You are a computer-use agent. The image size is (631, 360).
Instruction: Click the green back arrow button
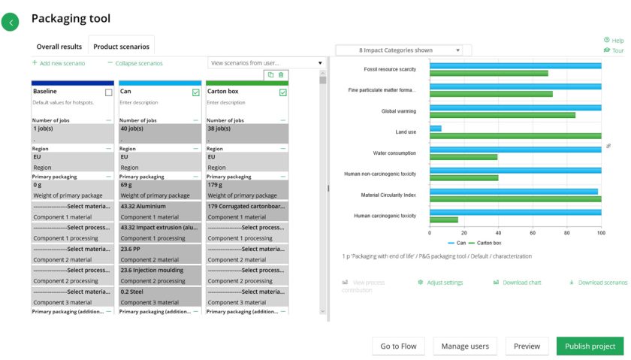point(11,23)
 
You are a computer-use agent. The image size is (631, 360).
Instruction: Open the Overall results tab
point(59,47)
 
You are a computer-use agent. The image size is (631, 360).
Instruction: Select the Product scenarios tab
point(121,47)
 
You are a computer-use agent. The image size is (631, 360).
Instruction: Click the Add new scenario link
point(59,63)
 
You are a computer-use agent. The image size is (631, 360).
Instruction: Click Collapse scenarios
point(135,63)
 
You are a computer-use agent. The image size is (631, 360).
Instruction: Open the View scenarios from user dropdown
point(266,63)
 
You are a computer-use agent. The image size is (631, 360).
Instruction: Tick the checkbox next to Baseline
point(109,92)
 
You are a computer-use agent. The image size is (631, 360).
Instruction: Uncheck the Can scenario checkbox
point(196,92)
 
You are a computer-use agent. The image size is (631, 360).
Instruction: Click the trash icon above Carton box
point(281,74)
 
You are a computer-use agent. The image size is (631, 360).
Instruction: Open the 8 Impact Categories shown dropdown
point(399,50)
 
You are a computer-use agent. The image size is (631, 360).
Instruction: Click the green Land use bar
point(515,135)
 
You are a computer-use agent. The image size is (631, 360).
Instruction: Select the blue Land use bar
point(435,129)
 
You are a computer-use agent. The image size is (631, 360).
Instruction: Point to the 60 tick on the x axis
point(533,233)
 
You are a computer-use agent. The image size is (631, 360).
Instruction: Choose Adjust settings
point(440,283)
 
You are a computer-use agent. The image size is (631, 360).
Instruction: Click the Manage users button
point(465,346)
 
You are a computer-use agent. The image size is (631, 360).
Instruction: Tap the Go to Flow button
point(398,346)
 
